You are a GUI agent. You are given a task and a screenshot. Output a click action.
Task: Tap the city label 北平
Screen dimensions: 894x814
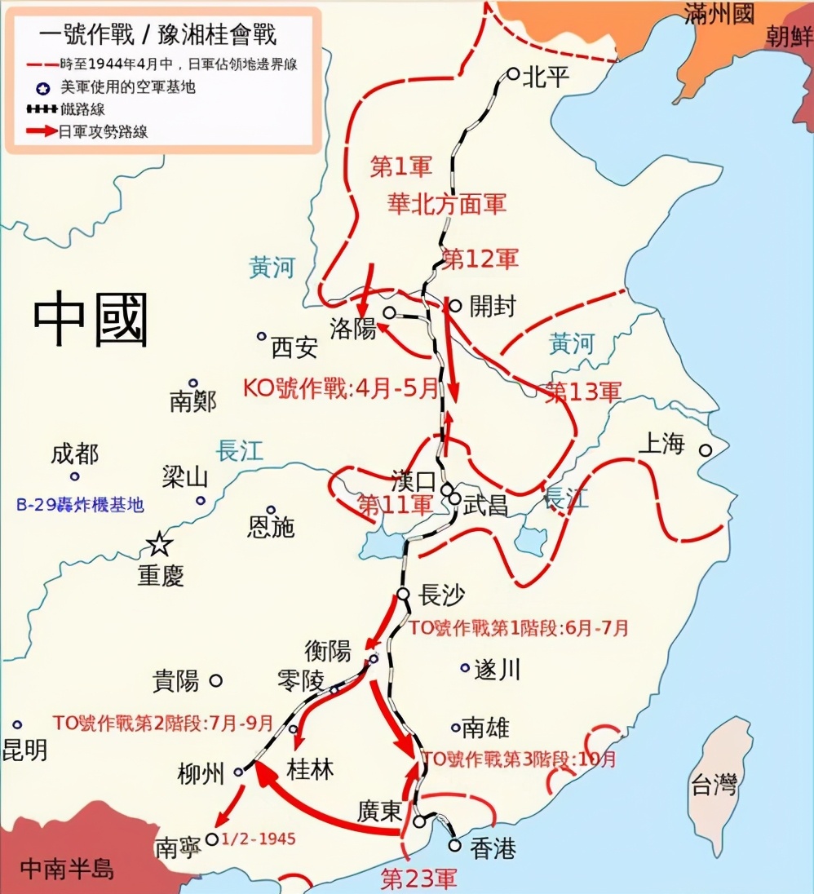pos(545,77)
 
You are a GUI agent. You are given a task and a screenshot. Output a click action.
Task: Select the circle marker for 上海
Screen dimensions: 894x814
pos(705,449)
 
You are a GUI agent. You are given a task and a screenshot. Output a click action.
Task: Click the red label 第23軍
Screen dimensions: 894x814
pos(419,878)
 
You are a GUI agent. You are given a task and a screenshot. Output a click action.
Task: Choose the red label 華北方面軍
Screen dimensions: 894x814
pos(447,204)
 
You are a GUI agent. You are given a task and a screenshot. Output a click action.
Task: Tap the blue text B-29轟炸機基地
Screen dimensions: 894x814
pos(80,505)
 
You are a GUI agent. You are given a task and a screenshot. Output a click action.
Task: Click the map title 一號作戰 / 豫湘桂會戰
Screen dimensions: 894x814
pos(158,34)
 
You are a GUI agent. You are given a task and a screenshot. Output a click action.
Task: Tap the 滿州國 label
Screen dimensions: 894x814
pos(720,14)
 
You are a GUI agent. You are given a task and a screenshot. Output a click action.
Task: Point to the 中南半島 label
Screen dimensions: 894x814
pos(68,867)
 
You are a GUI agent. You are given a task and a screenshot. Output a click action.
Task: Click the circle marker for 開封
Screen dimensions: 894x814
pos(455,306)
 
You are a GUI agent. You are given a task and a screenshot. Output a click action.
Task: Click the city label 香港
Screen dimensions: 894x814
pos(493,848)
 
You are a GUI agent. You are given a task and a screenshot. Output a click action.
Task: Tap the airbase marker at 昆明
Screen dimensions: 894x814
pos(17,724)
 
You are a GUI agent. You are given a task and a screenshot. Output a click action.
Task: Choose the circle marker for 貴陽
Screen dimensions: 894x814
pos(216,679)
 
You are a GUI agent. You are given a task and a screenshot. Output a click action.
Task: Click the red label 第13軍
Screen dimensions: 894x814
pos(582,392)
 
